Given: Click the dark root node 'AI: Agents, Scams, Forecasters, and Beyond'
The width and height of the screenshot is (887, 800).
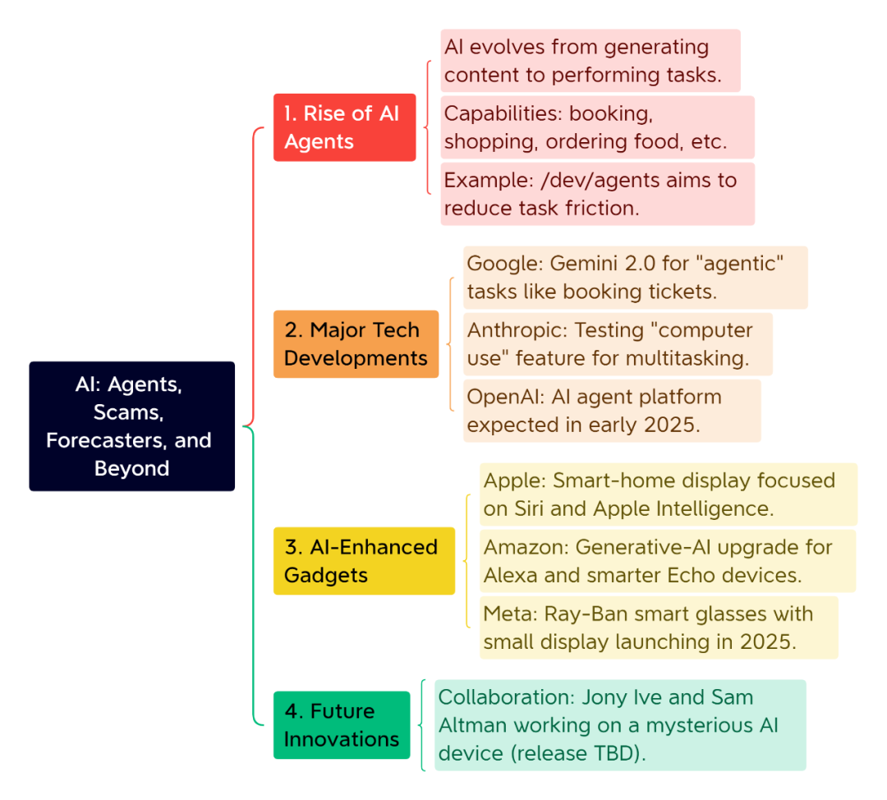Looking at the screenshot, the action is pyautogui.click(x=131, y=426).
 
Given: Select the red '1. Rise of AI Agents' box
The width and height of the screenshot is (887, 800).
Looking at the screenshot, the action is pyautogui.click(x=344, y=127).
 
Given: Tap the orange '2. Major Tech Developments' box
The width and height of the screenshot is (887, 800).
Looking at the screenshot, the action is pyautogui.click(x=356, y=344).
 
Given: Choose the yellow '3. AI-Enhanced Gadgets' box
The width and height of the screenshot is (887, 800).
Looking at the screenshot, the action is pyautogui.click(x=364, y=561).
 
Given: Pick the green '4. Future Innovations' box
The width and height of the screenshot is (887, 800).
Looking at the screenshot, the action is pyautogui.click(x=342, y=724).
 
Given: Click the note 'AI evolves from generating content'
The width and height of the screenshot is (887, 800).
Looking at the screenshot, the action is pyautogui.click(x=591, y=61).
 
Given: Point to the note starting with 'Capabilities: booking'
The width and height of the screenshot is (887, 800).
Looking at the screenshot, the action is pyautogui.click(x=597, y=127).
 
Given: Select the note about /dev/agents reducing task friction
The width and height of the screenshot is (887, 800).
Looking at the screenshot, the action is pyautogui.click(x=597, y=194).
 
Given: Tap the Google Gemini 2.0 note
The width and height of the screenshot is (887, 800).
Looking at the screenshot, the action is pyautogui.click(x=635, y=278).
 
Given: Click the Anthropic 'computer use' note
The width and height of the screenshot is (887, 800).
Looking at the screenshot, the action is pyautogui.click(x=618, y=344).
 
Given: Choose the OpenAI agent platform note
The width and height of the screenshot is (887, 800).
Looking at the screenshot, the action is pyautogui.click(x=612, y=411).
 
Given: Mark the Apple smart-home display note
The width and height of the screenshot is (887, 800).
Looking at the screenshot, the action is pyautogui.click(x=669, y=494).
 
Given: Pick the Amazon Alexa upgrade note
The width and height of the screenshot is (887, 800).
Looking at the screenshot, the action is pyautogui.click(x=668, y=561).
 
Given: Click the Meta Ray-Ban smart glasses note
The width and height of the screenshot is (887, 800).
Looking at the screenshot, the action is pyautogui.click(x=659, y=628).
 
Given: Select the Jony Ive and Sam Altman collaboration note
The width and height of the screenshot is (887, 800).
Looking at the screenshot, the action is pyautogui.click(x=620, y=724).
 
